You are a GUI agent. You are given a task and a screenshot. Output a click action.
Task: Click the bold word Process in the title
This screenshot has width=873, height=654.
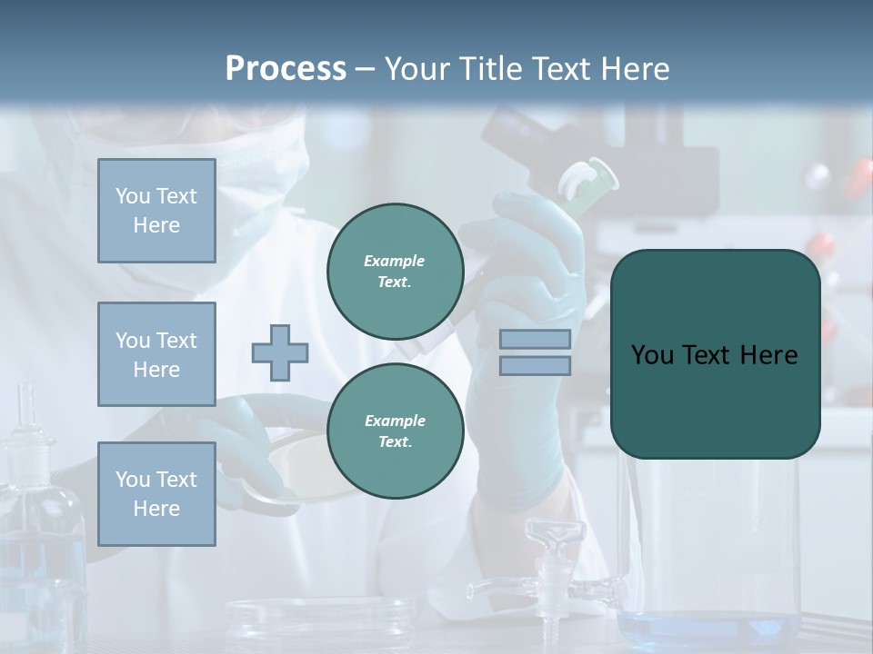[286, 69]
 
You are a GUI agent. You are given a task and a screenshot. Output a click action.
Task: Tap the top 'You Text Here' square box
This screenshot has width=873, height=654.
[156, 211]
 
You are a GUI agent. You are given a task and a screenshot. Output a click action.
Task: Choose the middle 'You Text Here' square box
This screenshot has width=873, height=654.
[156, 354]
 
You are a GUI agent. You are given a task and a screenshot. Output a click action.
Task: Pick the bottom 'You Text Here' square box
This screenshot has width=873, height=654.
[156, 494]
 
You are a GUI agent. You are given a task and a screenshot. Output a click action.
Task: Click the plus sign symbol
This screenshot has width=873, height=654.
[280, 352]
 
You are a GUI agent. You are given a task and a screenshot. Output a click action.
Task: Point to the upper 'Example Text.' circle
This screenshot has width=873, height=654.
[395, 272]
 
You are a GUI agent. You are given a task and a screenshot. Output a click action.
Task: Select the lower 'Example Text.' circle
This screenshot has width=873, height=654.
[395, 431]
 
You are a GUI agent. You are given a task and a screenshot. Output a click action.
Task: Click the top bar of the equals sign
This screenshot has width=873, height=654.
[536, 339]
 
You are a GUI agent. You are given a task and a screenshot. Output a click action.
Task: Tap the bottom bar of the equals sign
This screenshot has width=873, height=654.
[536, 365]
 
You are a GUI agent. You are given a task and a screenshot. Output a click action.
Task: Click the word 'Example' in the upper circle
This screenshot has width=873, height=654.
[395, 261]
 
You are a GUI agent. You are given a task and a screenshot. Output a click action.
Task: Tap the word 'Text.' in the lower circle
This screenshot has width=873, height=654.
[395, 442]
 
